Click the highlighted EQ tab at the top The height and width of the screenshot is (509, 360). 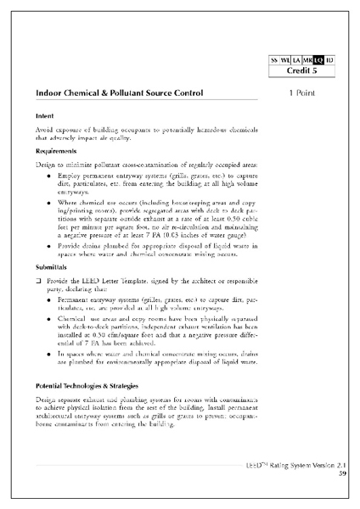coord(318,60)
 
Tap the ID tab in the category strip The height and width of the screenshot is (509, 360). coord(330,60)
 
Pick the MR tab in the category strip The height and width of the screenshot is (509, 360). coord(307,60)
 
